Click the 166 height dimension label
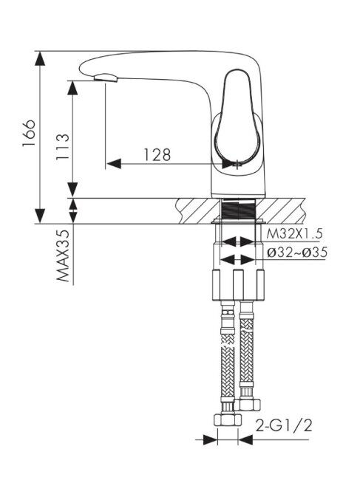click(29, 133)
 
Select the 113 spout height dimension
click(63, 147)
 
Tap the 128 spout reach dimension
click(157, 155)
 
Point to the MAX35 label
click(63, 256)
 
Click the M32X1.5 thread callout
click(294, 234)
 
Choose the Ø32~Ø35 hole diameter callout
click(297, 253)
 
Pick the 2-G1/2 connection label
click(283, 425)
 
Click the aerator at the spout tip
click(106, 78)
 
